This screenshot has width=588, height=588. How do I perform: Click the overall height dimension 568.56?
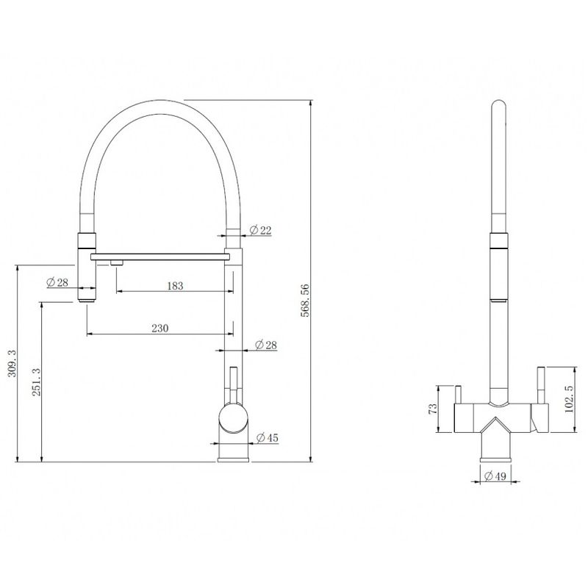pos(306,301)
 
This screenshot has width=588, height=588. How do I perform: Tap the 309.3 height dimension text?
pos(12,363)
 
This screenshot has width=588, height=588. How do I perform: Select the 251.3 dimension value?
pos(36,382)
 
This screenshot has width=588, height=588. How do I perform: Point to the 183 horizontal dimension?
pos(175,286)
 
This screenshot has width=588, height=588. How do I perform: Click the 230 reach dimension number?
pos(160,328)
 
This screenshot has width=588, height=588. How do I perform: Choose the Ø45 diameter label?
pos(268,437)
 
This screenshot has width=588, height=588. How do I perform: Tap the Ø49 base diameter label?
pos(495,476)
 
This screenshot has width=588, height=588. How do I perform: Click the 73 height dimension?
pos(433,409)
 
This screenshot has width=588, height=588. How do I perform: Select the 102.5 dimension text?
pos(569,400)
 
